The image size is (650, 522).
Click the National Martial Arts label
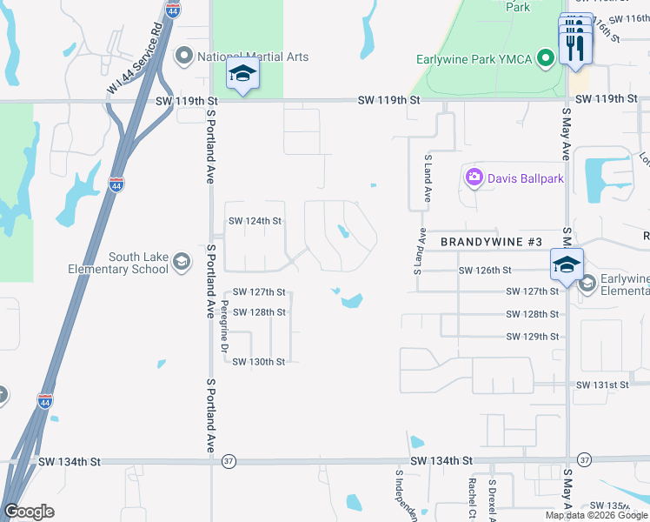coord(253,57)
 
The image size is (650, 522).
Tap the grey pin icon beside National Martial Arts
coord(183,57)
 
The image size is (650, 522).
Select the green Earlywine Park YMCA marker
coord(546,59)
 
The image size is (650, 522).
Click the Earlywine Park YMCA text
coord(473,59)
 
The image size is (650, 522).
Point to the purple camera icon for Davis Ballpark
coord(474,178)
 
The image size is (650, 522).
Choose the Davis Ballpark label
coord(526,178)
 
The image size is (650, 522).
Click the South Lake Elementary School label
coord(118,263)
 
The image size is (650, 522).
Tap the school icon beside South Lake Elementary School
coord(182,262)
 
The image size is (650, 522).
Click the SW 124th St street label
coord(255,221)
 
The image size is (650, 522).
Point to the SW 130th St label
coord(258,362)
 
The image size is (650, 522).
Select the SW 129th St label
coord(531,337)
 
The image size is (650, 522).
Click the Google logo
coord(29,512)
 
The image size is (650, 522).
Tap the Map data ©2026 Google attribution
coord(596,515)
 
